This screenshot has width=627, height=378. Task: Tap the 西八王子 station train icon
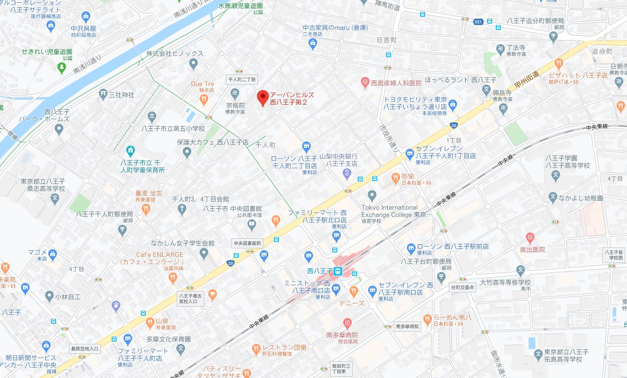click(338, 272)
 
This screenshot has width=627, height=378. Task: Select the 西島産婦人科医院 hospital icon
click(365, 83)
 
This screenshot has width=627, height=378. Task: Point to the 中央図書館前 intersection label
click(247, 243)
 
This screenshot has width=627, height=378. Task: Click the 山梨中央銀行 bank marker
click(347, 174)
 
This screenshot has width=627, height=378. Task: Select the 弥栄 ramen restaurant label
click(408, 176)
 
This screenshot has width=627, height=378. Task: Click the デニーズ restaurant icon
click(354, 292)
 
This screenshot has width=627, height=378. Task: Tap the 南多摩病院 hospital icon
click(347, 324)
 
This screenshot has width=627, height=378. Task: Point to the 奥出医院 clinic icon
click(529, 237)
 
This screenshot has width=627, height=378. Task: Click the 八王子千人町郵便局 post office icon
click(122, 231)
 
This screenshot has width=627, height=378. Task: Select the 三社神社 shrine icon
click(103, 94)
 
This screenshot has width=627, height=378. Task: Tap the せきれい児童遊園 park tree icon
click(62, 67)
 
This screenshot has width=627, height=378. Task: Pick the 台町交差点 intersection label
click(462, 287)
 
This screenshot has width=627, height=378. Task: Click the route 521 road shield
click(478, 21)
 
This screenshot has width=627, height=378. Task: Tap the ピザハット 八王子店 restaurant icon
click(559, 64)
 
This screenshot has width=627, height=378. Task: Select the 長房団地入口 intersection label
click(84, 349)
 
